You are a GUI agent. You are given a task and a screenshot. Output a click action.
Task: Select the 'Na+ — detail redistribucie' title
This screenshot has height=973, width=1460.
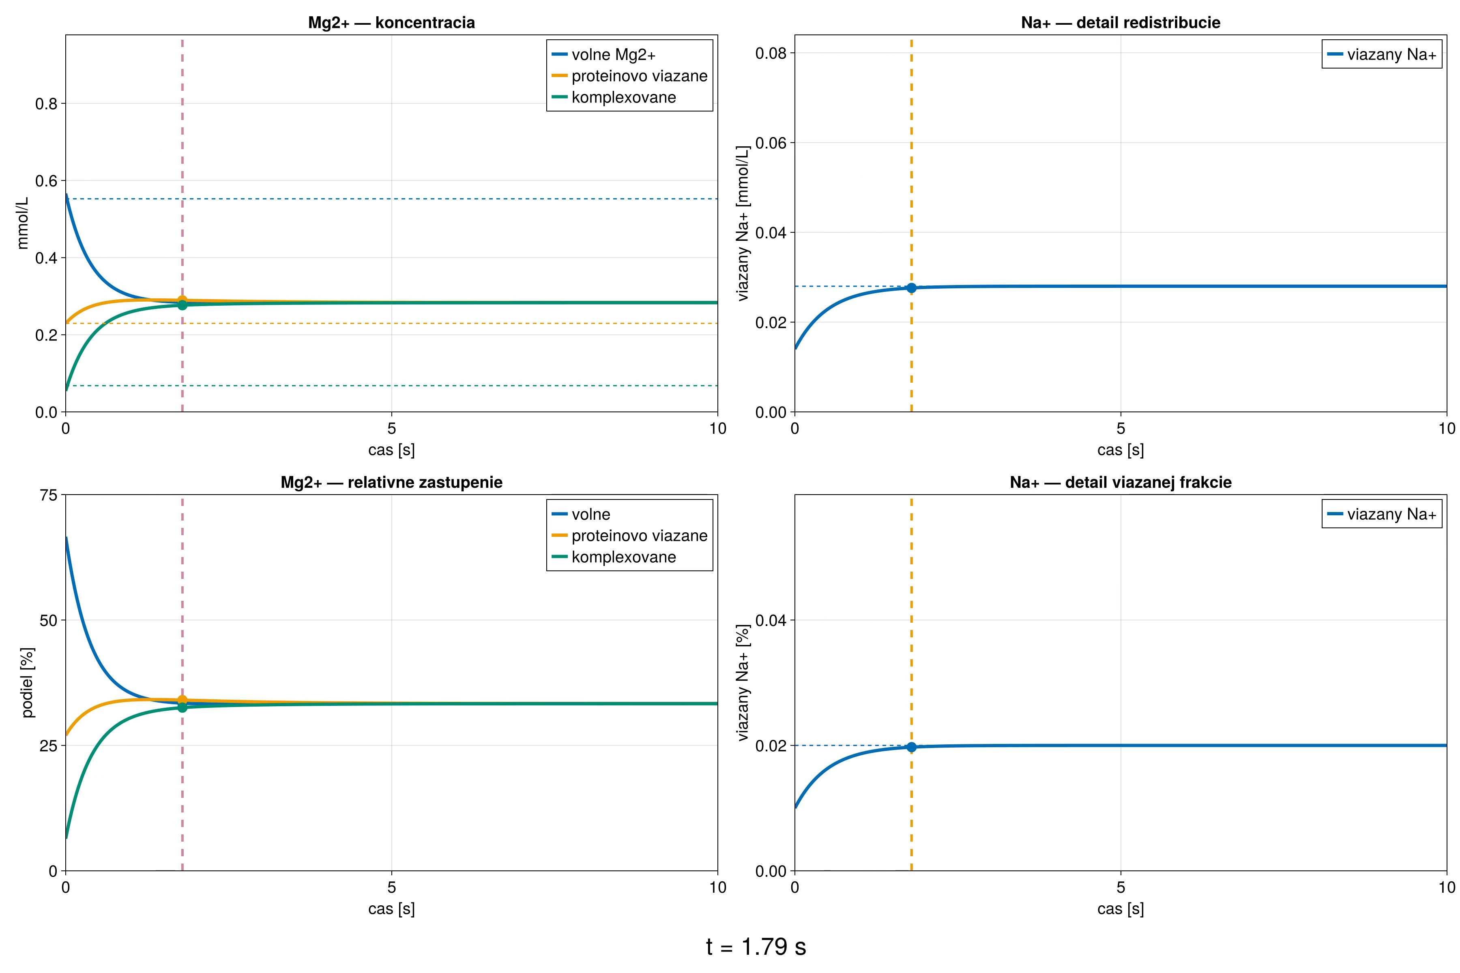(1121, 23)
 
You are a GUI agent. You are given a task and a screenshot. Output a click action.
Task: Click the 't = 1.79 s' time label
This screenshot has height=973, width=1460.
(756, 947)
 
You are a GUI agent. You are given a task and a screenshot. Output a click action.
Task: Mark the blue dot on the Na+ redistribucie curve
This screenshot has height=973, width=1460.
(911, 288)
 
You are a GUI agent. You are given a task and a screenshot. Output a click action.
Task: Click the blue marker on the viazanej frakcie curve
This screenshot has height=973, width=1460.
(911, 747)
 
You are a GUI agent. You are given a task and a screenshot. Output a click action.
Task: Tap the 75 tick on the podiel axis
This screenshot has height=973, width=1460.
(48, 495)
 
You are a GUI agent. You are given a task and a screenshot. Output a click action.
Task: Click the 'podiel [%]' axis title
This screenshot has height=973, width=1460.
(27, 683)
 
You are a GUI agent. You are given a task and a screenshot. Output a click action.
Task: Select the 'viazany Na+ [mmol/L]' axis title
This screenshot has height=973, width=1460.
(743, 223)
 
